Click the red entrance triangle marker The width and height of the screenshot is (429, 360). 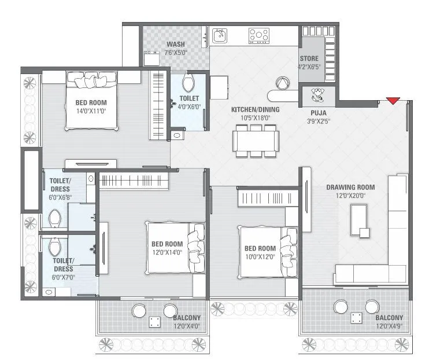393,101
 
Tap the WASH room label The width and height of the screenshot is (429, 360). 176,45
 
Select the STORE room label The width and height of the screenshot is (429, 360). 309,58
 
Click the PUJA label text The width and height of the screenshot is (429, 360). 317,113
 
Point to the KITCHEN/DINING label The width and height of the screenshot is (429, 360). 255,109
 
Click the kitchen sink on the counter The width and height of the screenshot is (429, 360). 220,36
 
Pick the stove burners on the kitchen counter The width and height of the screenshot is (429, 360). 258,35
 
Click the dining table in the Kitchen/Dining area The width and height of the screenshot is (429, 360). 256,139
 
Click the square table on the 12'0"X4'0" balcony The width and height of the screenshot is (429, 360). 155,321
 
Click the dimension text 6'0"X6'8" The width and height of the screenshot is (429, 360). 60,197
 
